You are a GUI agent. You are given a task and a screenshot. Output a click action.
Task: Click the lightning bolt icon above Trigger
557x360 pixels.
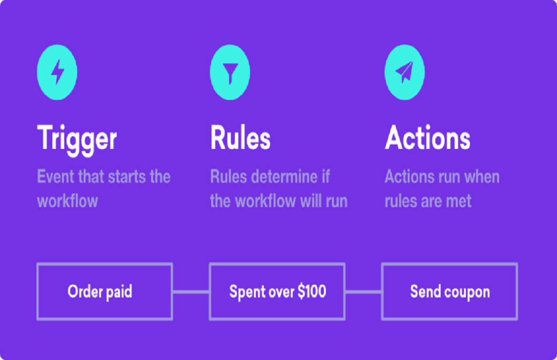coord(57,73)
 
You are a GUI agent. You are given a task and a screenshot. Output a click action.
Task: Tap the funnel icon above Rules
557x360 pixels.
coord(230,73)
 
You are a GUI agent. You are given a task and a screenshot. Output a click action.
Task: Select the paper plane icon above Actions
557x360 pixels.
coord(404,73)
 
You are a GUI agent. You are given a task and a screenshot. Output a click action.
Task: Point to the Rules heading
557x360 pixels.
coord(240,138)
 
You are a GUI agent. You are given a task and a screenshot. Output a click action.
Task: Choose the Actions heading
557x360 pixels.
coord(427,138)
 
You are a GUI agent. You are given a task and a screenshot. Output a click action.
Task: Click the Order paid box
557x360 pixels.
coord(104,292)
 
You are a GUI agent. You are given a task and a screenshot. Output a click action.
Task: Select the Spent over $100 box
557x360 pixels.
coord(277,292)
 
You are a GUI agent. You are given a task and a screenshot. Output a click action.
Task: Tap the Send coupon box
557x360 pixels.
coord(449,292)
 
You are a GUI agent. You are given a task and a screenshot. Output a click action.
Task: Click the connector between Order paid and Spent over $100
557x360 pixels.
coord(191,292)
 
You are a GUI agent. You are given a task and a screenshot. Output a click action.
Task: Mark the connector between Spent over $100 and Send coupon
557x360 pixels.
coord(363,292)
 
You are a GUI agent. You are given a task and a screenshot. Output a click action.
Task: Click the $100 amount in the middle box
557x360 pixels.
coord(312,291)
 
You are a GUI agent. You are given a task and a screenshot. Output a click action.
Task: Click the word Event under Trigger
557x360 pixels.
coord(55,177)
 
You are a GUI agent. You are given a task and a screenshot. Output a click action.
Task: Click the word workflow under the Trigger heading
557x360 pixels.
coord(68,201)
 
